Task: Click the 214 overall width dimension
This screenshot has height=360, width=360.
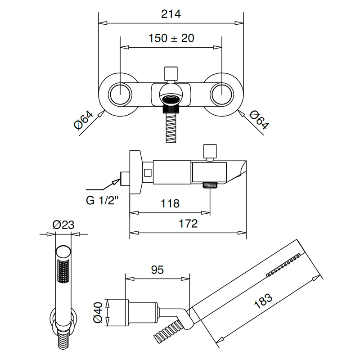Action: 171,14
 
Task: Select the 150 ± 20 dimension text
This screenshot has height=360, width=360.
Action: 171,38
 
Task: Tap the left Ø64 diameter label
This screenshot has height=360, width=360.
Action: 84,120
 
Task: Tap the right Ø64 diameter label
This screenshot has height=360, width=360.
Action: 258,120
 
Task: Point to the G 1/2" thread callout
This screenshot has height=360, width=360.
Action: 102,200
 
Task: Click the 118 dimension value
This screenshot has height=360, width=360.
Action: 170,203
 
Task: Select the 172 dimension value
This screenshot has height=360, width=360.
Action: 188,224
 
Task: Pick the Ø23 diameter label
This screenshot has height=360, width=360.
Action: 63,225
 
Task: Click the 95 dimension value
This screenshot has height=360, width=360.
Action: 157,270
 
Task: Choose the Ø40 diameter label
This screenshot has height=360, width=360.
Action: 98,312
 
